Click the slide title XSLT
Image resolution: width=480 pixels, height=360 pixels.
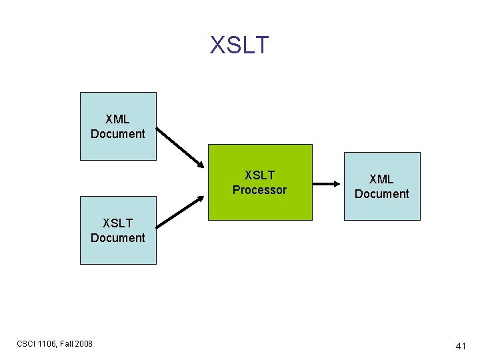pyautogui.click(x=239, y=45)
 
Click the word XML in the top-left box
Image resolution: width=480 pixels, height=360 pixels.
pyautogui.click(x=117, y=119)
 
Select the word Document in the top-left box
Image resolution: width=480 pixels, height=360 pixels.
pyautogui.click(x=117, y=134)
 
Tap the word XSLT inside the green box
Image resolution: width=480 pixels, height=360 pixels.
pyautogui.click(x=259, y=175)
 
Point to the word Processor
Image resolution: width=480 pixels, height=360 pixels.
pyautogui.click(x=259, y=190)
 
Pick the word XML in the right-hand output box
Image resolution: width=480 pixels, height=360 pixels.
pyautogui.click(x=381, y=179)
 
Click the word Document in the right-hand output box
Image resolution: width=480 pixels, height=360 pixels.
pyautogui.click(x=381, y=194)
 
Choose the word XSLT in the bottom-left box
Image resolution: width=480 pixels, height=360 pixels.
pyautogui.click(x=117, y=223)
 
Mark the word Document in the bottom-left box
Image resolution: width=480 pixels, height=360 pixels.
pyautogui.click(x=117, y=238)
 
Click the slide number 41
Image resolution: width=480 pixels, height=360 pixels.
pyautogui.click(x=460, y=346)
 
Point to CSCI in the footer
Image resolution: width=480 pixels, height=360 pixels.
pyautogui.click(x=27, y=344)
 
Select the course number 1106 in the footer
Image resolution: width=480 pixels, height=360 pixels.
pyautogui.click(x=49, y=344)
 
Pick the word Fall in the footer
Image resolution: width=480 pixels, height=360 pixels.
pyautogui.click(x=67, y=344)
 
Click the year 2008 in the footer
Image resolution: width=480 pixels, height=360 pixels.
pyautogui.click(x=84, y=344)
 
